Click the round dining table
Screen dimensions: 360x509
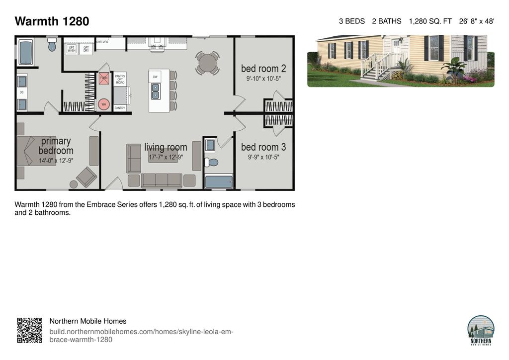coord(207,63)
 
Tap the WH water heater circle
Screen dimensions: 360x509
coord(104,104)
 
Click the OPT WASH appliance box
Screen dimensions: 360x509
coord(72,49)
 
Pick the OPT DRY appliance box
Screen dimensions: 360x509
coord(86,49)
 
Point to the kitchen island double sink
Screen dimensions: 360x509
coord(156,91)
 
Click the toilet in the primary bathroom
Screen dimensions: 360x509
coord(52,45)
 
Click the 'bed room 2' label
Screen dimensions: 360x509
coord(263,68)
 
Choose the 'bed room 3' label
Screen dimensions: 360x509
coord(263,147)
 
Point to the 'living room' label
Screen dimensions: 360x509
coord(166,147)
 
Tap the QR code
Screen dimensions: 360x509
coord(29,330)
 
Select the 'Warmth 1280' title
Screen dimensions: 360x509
coord(52,21)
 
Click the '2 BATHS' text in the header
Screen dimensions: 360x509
coord(386,21)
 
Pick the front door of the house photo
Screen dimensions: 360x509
coord(397,51)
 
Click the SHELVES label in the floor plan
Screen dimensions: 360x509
coord(102,42)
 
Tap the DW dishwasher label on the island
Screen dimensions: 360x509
coord(155,77)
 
